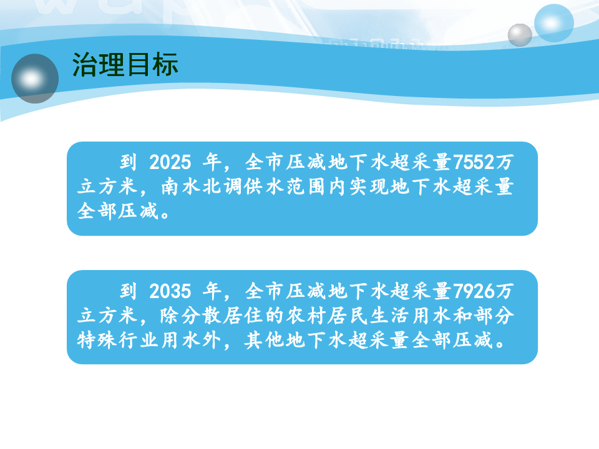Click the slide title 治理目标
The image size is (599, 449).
[125, 64]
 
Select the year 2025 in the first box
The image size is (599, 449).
[170, 162]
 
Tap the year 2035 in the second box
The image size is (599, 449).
[170, 291]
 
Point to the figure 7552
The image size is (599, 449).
[474, 162]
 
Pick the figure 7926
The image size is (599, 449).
[474, 291]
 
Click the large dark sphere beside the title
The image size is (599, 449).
[35, 79]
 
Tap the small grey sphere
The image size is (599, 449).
[520, 35]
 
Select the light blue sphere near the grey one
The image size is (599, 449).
[553, 23]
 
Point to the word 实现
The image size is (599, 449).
[369, 187]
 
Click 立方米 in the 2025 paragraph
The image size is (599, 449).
[107, 187]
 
